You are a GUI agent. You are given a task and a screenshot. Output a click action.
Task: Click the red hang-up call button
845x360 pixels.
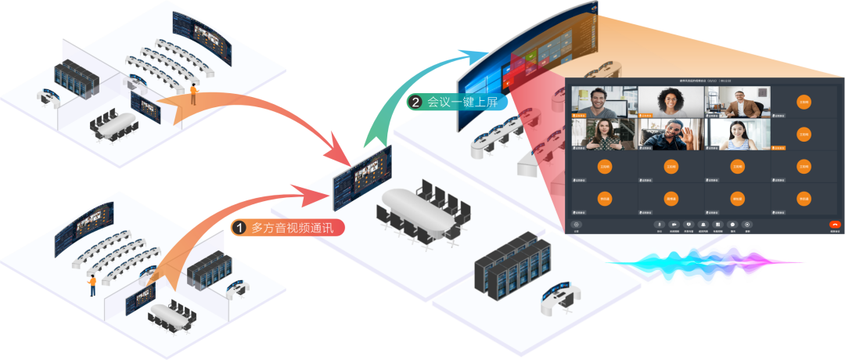pyautogui.click(x=835, y=224)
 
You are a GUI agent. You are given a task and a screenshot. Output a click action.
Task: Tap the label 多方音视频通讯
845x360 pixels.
pyautogui.click(x=297, y=228)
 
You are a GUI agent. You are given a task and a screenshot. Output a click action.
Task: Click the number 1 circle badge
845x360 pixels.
pyautogui.click(x=239, y=228)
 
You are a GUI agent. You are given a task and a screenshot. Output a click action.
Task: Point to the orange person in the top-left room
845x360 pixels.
pyautogui.click(x=193, y=95)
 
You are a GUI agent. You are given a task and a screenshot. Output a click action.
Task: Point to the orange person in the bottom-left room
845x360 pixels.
pyautogui.click(x=92, y=285)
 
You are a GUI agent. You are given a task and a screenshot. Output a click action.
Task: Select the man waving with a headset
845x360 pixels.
pyautogui.click(x=671, y=133)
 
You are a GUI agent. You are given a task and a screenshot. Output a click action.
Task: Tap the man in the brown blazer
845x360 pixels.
pyautogui.click(x=737, y=101)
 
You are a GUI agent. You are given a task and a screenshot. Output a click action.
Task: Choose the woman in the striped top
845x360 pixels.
pyautogui.click(x=737, y=133)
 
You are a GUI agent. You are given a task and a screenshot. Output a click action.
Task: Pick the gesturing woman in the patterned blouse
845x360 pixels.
pyautogui.click(x=604, y=133)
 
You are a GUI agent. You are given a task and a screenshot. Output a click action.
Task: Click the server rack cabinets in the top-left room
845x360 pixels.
pyautogui.click(x=75, y=80)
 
